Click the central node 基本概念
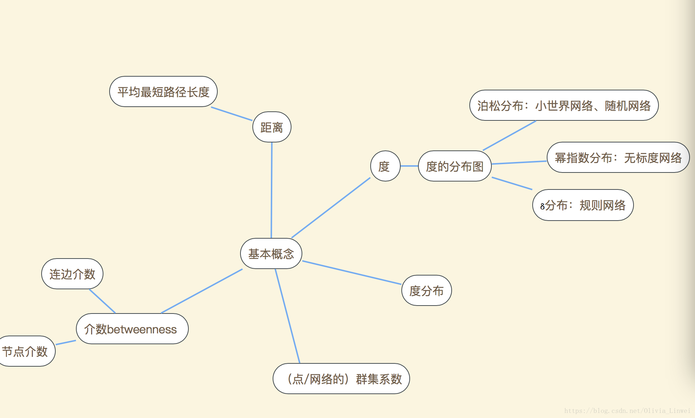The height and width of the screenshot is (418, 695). [271, 254]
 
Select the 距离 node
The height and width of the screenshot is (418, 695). [272, 127]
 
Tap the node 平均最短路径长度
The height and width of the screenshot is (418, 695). [163, 92]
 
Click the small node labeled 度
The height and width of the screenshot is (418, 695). [385, 166]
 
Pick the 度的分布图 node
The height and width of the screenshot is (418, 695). [455, 166]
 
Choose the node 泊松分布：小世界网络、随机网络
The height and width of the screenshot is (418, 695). [564, 106]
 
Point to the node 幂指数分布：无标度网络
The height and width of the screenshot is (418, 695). [618, 158]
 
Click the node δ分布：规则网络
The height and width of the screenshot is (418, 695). [583, 205]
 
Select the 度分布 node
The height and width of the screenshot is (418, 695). [426, 291]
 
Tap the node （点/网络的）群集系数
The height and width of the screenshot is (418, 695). [341, 379]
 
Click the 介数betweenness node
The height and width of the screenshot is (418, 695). [132, 329]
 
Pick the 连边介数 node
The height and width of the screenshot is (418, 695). [72, 274]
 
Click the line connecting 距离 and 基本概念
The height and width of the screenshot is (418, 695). [272, 190]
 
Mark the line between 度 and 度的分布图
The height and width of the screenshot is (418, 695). [409, 166]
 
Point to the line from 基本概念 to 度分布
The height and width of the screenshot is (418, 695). [351, 273]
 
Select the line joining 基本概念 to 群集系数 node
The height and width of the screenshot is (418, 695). [287, 316]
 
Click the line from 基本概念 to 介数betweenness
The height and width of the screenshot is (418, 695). [202, 291]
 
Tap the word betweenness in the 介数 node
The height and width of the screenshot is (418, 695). [142, 330]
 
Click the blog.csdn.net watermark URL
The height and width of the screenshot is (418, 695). [627, 411]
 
